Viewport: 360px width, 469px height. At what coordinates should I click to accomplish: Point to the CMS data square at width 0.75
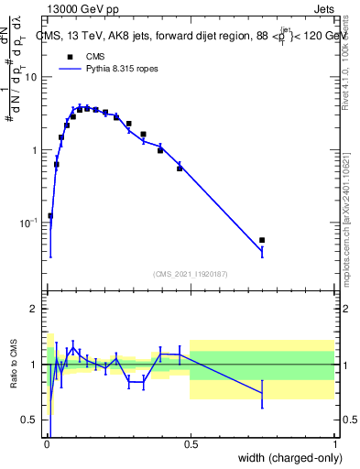tap(262, 240)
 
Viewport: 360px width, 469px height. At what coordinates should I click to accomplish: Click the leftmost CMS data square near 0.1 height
tap(50, 216)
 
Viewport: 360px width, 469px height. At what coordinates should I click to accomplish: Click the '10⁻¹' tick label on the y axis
tap(29, 223)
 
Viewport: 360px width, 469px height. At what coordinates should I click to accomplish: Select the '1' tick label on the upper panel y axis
tap(35, 149)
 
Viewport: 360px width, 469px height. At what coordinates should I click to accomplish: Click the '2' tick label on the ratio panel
tap(35, 309)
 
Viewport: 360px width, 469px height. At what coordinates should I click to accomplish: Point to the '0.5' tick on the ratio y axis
tap(30, 420)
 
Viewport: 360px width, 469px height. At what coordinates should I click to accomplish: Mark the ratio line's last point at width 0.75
tap(262, 394)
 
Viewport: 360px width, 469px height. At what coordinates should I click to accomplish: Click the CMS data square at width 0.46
tap(180, 169)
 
